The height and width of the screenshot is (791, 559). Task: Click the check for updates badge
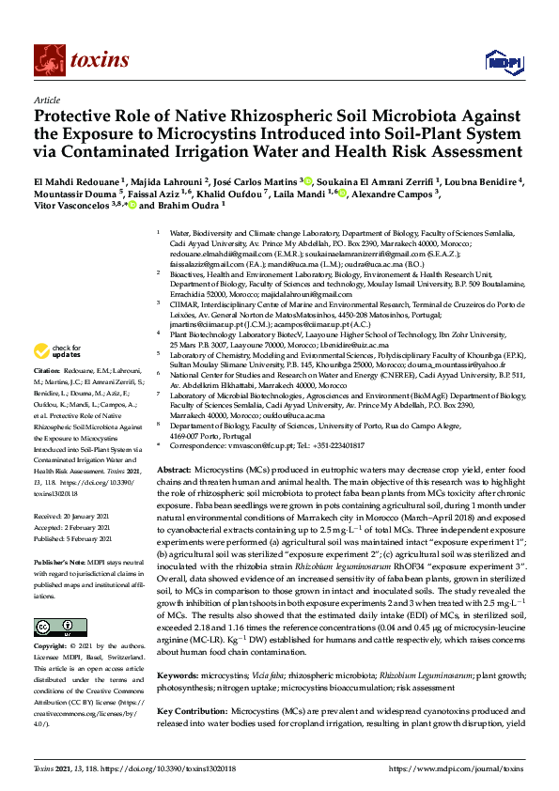tap(58, 352)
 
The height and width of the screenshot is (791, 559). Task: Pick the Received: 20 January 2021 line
tap(75, 515)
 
